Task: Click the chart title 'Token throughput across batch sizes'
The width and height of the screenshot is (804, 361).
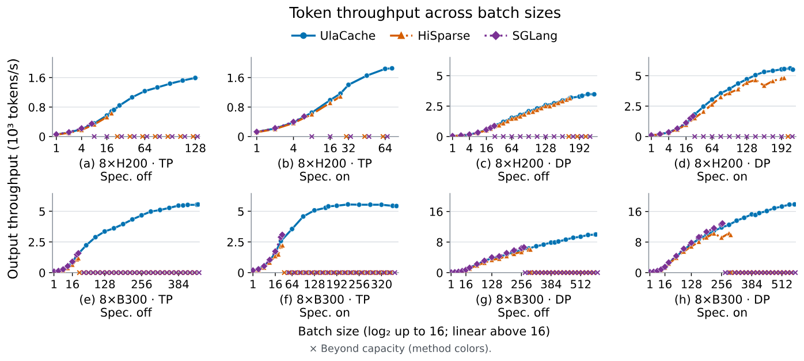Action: [425, 13]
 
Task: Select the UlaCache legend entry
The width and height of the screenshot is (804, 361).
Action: [333, 36]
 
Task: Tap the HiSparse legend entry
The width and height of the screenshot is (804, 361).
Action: [430, 36]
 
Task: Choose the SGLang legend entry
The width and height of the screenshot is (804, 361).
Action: [521, 36]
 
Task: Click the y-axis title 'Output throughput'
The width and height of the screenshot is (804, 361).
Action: [13, 168]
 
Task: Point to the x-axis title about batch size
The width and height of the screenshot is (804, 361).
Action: [424, 331]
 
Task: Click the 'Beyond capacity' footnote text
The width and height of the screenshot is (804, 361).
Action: [401, 348]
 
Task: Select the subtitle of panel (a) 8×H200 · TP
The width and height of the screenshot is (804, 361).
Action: [126, 176]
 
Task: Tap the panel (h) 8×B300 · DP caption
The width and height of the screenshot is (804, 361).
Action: [722, 299]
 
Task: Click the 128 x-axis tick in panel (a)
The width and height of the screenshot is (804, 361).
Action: [195, 148]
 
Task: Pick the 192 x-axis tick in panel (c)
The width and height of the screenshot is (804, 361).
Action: [580, 148]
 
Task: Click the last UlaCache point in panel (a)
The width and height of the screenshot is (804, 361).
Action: [195, 78]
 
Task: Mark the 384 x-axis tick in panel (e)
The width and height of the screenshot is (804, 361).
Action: [179, 284]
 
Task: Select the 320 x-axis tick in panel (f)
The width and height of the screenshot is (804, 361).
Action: [381, 284]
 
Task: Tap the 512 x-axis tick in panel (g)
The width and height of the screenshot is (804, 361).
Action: [581, 284]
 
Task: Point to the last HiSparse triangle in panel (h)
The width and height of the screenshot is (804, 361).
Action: [730, 235]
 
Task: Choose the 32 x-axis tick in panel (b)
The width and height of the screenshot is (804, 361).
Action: [348, 148]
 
